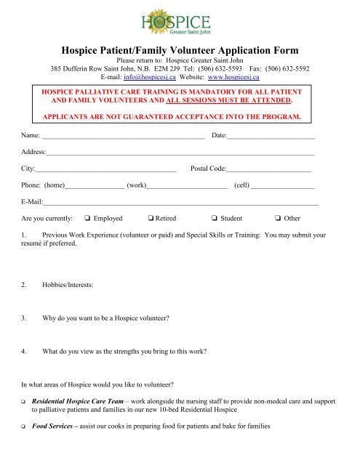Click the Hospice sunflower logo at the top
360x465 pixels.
(x=180, y=20)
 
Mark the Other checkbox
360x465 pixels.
(x=277, y=218)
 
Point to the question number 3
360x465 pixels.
(x=25, y=318)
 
